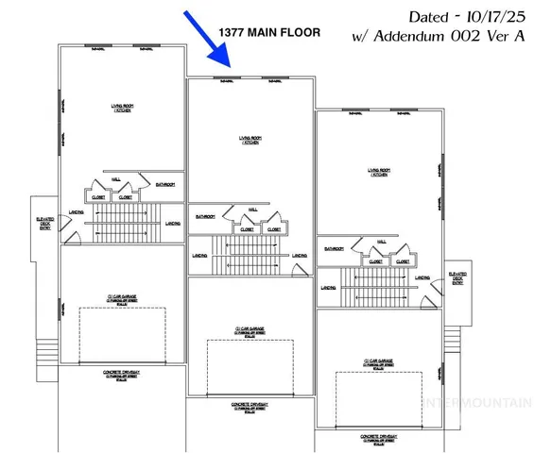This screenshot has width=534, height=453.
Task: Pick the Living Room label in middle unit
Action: (251, 141)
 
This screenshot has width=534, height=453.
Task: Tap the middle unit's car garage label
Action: (250, 330)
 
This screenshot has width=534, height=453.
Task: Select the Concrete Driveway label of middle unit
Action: (250, 407)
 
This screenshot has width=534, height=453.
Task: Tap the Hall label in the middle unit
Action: (252, 210)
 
